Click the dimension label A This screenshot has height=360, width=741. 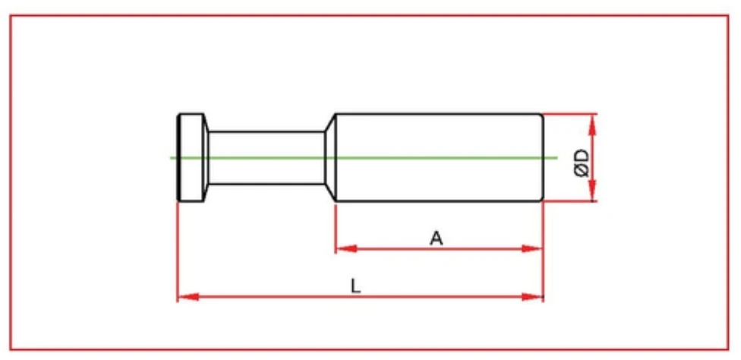tap(436, 238)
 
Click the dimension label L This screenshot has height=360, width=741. tap(355, 286)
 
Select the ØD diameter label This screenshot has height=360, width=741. tap(582, 162)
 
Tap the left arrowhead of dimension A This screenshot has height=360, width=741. tap(344, 248)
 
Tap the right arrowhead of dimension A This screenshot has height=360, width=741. tap(535, 248)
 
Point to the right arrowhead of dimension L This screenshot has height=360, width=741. tap(535, 295)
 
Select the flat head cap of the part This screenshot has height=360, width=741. tap(192, 157)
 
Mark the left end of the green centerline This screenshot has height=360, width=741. tap(172, 158)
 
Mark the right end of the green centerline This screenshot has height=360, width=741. tap(557, 158)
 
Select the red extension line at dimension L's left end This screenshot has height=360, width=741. tap(178, 251)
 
